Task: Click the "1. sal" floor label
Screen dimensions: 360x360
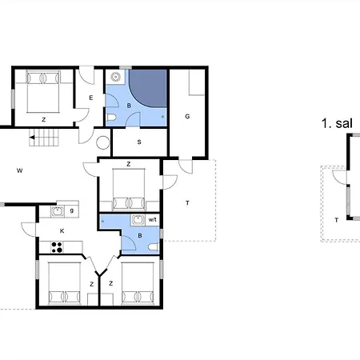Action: click(x=337, y=123)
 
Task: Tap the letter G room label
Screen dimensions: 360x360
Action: click(x=187, y=117)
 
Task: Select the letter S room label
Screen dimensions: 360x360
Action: click(x=139, y=142)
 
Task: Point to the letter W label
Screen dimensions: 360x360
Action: click(x=19, y=170)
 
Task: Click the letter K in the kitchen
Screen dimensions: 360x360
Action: click(x=61, y=230)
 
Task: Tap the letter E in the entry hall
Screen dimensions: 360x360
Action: click(x=91, y=98)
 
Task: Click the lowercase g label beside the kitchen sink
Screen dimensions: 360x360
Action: click(x=72, y=210)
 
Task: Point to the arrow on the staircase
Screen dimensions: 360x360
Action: click(x=37, y=138)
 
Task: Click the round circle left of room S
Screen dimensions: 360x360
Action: click(x=102, y=144)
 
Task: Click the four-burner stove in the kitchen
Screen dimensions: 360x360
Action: click(x=58, y=246)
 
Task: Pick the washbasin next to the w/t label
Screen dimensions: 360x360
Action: click(x=138, y=219)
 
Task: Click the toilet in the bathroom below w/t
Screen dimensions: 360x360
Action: click(x=151, y=247)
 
